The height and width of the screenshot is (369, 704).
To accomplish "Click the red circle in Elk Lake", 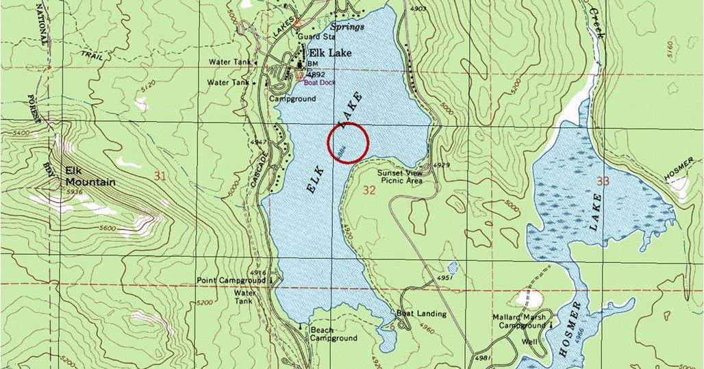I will pyautogui.click(x=349, y=143).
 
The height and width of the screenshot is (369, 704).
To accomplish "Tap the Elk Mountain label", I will pyautogui.click(x=90, y=177).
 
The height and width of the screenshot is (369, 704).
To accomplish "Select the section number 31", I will pyautogui.click(x=160, y=177).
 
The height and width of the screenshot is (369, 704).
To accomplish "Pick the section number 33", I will pyautogui.click(x=603, y=181).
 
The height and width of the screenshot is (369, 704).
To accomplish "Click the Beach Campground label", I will pyautogui.click(x=334, y=334).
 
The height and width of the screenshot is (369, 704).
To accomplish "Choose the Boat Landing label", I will pyautogui.click(x=421, y=314).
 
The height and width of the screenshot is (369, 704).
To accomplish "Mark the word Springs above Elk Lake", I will pyautogui.click(x=348, y=27).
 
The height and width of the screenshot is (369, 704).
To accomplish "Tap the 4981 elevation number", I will pyautogui.click(x=483, y=358).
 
